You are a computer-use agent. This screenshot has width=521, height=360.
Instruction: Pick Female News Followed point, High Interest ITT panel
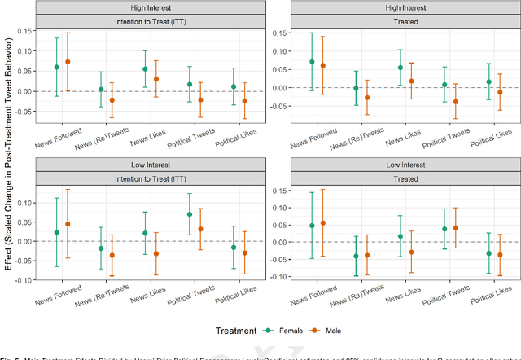[x=56, y=67]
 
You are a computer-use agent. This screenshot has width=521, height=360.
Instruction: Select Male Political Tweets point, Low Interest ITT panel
[x=200, y=229]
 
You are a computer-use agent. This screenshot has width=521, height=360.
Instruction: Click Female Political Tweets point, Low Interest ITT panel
[x=190, y=214]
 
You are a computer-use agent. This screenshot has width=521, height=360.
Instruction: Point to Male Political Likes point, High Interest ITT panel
[x=244, y=101]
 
